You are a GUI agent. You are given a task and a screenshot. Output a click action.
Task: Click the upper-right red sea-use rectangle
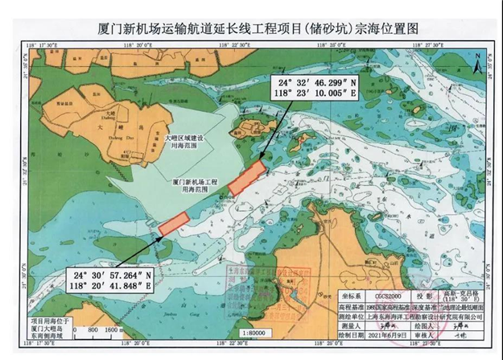tap(245, 176)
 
